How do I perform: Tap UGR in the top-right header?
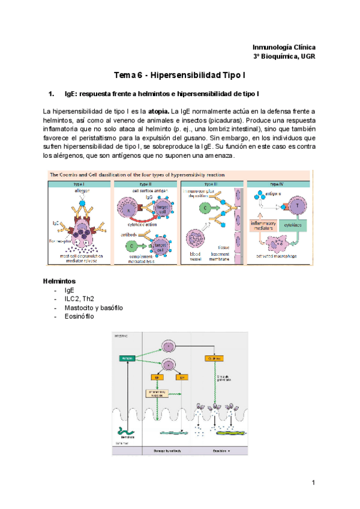(307, 56)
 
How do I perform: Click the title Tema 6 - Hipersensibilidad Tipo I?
(180, 76)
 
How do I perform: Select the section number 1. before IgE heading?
(51, 94)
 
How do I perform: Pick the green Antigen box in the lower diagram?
(127, 358)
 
